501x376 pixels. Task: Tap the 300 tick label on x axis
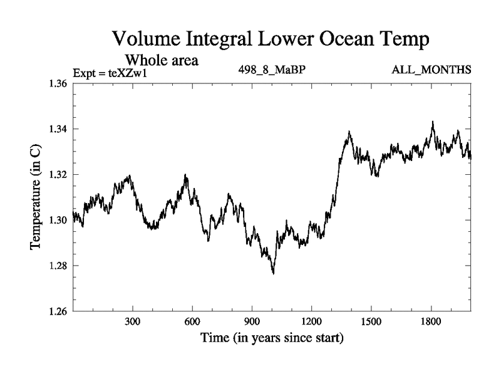tap(133, 321)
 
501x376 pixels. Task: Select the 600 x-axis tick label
tap(192, 321)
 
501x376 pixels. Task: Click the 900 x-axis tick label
tap(252, 321)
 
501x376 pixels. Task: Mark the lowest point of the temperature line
tap(273, 273)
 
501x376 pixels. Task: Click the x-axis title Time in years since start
tap(272, 339)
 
